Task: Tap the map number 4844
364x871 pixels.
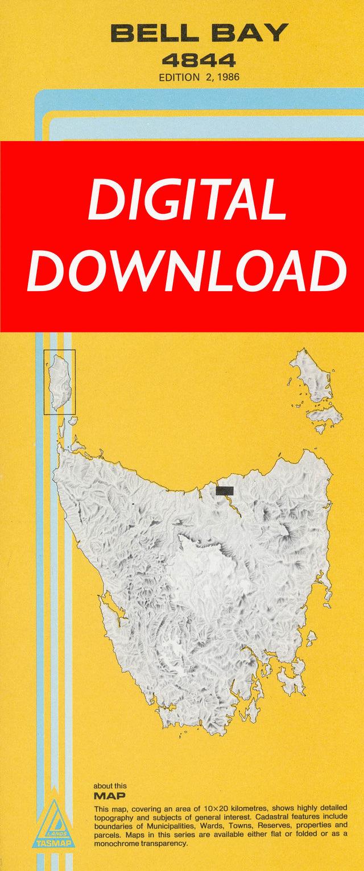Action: pos(198,60)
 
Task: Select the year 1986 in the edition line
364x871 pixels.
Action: pos(226,77)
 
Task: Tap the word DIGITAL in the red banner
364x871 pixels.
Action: pos(187,200)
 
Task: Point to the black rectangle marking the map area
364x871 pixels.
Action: pos(225,491)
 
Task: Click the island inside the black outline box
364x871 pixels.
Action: pos(59,381)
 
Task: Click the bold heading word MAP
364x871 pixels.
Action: pos(109,796)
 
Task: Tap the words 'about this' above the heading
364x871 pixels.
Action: pos(110,786)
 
